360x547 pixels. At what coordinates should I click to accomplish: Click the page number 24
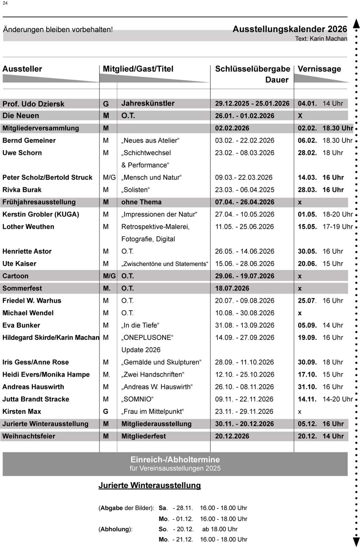point(5,3)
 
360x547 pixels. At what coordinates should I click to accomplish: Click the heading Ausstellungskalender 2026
point(290,29)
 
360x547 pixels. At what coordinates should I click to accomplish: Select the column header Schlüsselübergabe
point(252,69)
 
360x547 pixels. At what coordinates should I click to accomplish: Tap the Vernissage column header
point(319,69)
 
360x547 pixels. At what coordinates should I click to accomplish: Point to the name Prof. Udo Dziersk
point(33,104)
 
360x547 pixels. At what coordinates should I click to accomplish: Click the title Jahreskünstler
point(148,103)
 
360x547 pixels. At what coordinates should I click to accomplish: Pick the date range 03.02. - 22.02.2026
point(244,140)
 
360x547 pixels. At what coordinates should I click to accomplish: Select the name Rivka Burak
point(22,189)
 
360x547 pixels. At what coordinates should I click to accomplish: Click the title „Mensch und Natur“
point(151,177)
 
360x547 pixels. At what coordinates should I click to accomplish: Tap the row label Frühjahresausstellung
point(39,202)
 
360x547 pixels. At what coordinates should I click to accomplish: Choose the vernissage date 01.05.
point(307,214)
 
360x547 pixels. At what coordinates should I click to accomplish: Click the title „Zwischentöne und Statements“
point(165,264)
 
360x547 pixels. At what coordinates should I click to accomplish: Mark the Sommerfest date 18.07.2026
point(232,288)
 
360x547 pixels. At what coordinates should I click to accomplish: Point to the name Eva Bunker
point(21,325)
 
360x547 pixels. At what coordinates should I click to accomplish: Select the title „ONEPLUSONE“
point(147,338)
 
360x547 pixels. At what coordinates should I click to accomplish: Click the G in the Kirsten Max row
point(106,411)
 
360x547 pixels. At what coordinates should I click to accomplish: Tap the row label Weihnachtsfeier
point(29,436)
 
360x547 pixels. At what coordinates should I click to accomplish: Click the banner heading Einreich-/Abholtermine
point(175,460)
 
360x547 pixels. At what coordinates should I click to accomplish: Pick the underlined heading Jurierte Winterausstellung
point(150,486)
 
